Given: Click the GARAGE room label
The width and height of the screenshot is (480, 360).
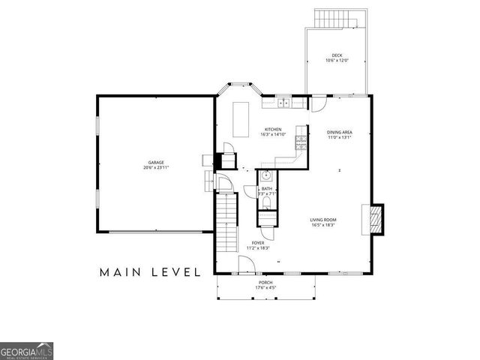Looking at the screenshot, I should pos(155,163).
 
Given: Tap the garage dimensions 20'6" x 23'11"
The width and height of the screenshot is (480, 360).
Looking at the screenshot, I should pos(155,168).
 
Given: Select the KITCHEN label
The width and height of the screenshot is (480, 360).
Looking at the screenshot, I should pos(272,130).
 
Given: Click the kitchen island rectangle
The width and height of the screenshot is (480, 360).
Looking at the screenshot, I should pos(241,120).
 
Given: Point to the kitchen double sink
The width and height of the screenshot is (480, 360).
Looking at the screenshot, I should pos(284,103).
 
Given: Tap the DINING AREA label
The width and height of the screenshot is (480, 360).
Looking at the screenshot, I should pos(340,132).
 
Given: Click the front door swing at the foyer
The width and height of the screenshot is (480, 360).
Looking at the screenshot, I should pos(246,263).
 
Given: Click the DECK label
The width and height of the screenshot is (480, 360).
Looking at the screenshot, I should pos(337,55).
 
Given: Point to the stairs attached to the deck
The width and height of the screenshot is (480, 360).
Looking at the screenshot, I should pos(331,18).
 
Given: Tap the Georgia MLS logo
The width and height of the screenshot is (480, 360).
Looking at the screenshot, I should pos(27,351).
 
